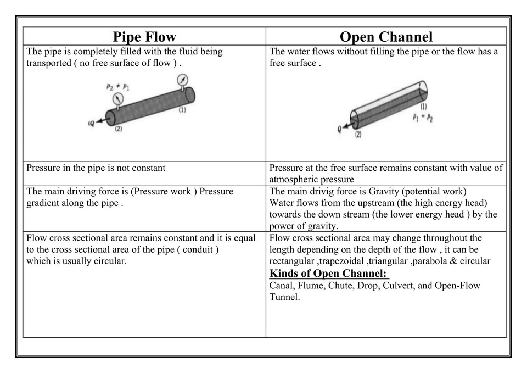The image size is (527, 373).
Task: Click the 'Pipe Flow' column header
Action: tap(144, 37)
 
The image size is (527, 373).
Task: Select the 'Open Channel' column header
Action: tap(386, 37)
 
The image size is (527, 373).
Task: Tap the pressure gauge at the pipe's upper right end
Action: tap(182, 81)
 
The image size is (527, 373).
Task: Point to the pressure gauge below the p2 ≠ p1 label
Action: tap(117, 99)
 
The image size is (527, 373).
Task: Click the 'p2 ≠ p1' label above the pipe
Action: tap(118, 87)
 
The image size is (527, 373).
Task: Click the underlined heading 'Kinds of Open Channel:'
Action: tap(329, 274)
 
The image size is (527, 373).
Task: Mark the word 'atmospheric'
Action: tap(294, 180)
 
